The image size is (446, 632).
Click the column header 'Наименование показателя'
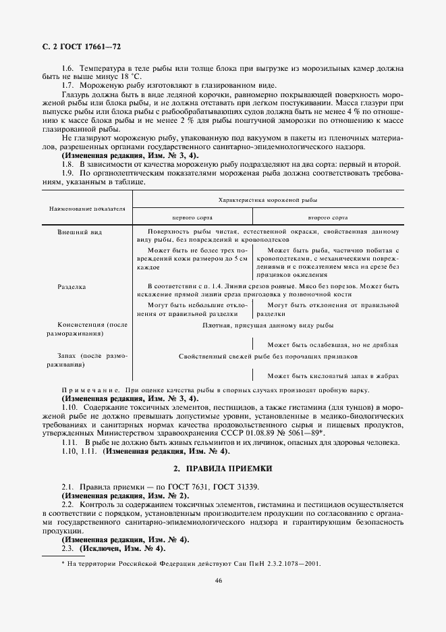coord(86,209)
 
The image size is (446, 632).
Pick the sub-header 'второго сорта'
coord(327,219)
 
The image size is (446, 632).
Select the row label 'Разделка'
coord(73,287)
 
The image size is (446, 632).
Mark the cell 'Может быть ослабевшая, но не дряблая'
coord(332,344)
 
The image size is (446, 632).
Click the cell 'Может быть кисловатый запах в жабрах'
coord(332,375)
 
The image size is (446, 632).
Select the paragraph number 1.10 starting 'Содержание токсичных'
coord(69,410)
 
